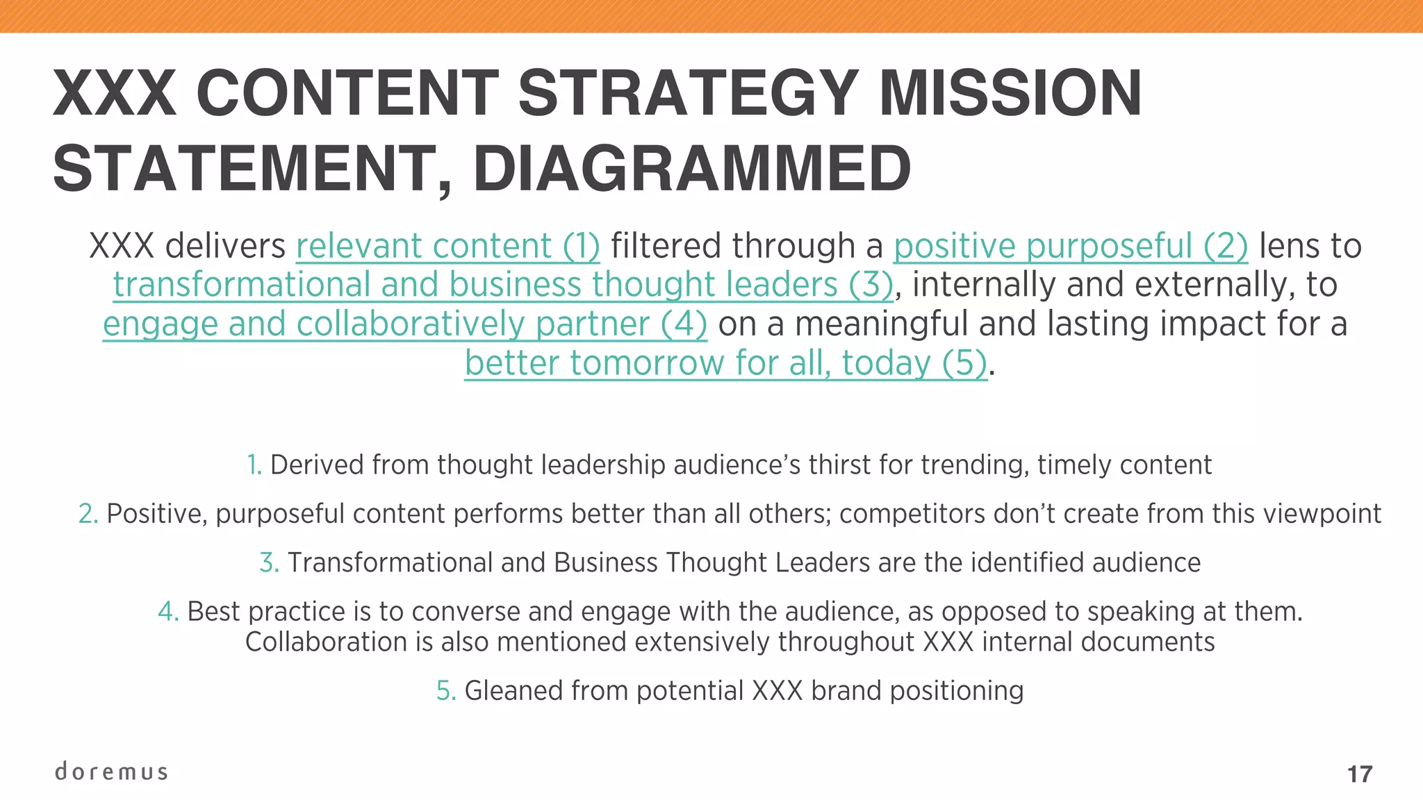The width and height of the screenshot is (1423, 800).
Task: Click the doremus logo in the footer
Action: coord(111,772)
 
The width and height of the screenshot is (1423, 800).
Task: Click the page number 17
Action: coord(1360,774)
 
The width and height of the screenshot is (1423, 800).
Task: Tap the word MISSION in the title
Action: coord(1010,93)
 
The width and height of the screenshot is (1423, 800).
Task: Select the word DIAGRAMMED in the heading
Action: coord(692,169)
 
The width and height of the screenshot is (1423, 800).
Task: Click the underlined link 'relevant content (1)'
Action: coord(448,246)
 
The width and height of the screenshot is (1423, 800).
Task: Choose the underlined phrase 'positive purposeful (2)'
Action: coord(1071,246)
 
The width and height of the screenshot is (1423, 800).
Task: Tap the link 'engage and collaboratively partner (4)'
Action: coord(405,324)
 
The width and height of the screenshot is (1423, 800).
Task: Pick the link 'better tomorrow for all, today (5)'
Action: coord(726,362)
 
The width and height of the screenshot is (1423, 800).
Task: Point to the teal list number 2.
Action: coord(88,514)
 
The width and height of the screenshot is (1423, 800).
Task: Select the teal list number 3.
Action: coord(269,562)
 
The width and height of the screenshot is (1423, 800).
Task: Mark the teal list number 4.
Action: coord(168,611)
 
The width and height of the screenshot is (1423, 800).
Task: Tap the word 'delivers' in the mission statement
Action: coord(226,246)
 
